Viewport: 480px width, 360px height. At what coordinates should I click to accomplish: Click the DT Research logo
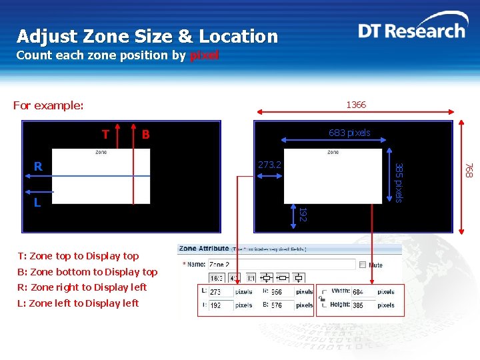pyautogui.click(x=411, y=31)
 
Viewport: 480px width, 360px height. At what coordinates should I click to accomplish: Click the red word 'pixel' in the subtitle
pyautogui.click(x=204, y=55)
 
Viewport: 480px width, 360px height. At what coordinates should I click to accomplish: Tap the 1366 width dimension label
pyautogui.click(x=355, y=105)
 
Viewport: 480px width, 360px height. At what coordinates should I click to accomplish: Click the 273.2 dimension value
pyautogui.click(x=269, y=164)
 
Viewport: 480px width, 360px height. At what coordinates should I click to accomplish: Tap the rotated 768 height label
pyautogui.click(x=469, y=171)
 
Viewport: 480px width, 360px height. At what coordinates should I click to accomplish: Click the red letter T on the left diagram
pyautogui.click(x=105, y=135)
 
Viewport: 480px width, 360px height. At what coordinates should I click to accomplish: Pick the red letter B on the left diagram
pyautogui.click(x=145, y=135)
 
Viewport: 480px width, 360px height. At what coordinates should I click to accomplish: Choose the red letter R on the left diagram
pyautogui.click(x=38, y=166)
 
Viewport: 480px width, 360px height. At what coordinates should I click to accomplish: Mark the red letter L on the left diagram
pyautogui.click(x=37, y=202)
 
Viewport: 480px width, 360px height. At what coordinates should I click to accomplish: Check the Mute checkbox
pyautogui.click(x=363, y=265)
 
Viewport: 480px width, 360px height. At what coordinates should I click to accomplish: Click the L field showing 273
pyautogui.click(x=220, y=292)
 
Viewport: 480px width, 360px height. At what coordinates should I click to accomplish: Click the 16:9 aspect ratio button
pyautogui.click(x=217, y=278)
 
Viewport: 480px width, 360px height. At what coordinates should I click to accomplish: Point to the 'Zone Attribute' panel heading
pyautogui.click(x=204, y=249)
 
